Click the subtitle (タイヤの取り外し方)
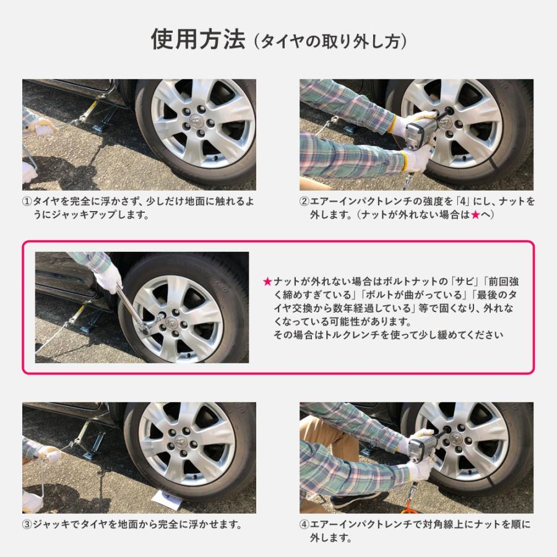(329, 41)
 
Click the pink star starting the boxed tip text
(267, 282)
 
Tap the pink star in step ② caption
(475, 215)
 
